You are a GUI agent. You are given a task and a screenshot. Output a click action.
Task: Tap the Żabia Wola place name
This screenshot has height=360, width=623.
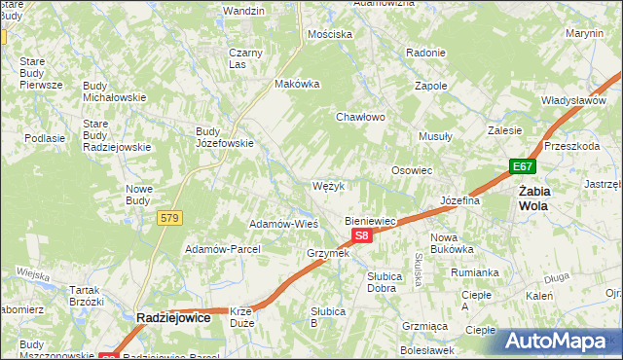[x=532, y=198]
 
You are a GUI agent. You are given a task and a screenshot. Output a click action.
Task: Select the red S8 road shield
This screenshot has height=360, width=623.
[x=361, y=236]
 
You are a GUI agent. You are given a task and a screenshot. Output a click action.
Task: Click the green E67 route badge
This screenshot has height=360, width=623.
[x=524, y=167]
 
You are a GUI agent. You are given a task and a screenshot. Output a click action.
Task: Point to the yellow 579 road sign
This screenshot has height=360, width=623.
[x=169, y=219]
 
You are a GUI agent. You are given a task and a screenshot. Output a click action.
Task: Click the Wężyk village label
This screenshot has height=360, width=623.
[x=329, y=186]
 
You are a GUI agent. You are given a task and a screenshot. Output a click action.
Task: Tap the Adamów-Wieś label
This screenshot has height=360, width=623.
[x=284, y=224]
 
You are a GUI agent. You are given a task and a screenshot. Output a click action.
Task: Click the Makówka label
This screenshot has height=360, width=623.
[x=298, y=84]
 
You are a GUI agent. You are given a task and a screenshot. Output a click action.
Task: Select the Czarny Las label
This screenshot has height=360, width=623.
[x=240, y=58]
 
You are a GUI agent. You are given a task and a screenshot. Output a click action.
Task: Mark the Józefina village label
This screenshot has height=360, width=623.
[x=460, y=200]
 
